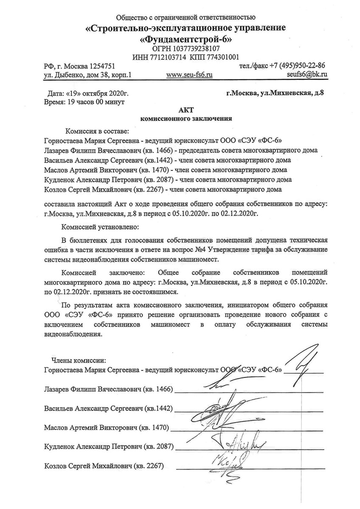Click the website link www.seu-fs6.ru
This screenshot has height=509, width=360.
pyautogui.click(x=189, y=74)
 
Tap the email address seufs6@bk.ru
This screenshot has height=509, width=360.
pyautogui.click(x=306, y=74)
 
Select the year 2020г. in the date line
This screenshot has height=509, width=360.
pyautogui.click(x=117, y=93)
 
